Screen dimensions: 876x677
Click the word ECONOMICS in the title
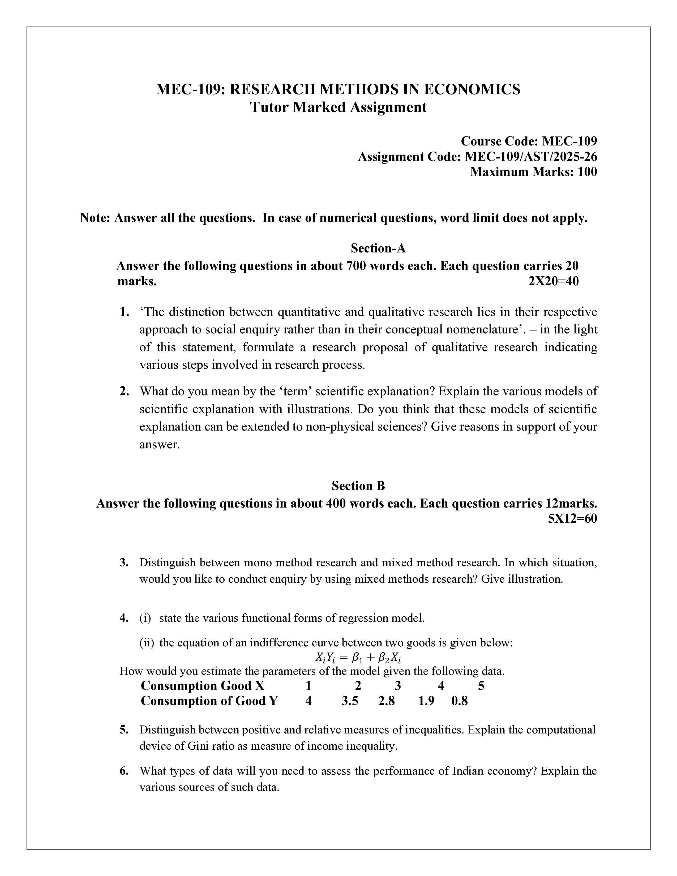pos(472,89)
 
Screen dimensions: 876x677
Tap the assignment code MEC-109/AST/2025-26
pos(531,156)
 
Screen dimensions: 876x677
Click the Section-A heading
pos(378,248)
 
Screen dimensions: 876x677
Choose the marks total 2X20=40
pos(554,281)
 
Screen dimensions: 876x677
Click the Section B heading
pos(358,486)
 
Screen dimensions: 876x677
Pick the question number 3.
pos(124,562)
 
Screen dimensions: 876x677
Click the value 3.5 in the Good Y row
pos(350,701)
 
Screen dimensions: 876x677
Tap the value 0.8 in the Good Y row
pos(460,701)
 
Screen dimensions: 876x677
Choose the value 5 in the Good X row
pos(481,685)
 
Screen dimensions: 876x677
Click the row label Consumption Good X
pos(203,685)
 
